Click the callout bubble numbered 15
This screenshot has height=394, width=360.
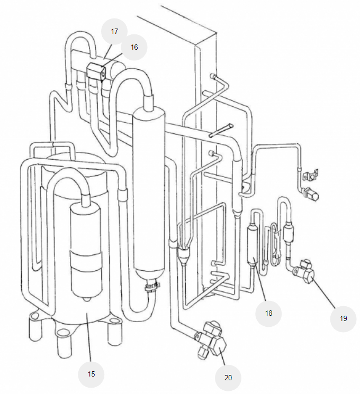(x=91, y=374)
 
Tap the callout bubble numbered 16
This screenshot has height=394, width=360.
(x=134, y=47)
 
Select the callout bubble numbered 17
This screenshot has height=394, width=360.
(x=114, y=31)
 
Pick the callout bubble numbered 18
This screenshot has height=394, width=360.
(x=268, y=313)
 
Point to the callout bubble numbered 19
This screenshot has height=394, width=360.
(x=343, y=318)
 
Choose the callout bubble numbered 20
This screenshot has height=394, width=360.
(x=228, y=378)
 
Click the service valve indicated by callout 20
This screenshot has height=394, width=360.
(x=211, y=340)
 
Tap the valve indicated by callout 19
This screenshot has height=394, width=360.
(x=303, y=272)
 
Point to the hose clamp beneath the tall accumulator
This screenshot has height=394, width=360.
(x=152, y=287)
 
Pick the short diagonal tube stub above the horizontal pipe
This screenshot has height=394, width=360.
(x=221, y=130)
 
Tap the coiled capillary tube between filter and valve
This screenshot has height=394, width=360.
(x=274, y=243)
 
